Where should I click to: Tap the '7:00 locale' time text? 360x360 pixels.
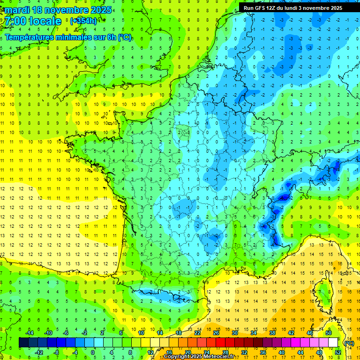pos(33,21)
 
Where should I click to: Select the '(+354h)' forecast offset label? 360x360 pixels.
pos(83,21)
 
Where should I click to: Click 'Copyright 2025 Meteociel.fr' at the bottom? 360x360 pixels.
pos(199,357)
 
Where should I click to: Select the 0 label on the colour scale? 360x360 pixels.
pos(93,352)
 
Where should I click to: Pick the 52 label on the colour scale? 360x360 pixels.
pos(338,352)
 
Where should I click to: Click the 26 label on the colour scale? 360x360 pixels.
pos(216,333)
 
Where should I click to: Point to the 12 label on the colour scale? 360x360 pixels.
pos(150,352)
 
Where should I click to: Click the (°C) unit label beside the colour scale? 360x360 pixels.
pos(348,343)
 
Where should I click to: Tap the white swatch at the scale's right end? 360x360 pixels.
pos(333,343)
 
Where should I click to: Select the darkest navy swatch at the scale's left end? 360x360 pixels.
pos(23,343)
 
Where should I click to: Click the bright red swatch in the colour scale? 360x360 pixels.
pos(221,343)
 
